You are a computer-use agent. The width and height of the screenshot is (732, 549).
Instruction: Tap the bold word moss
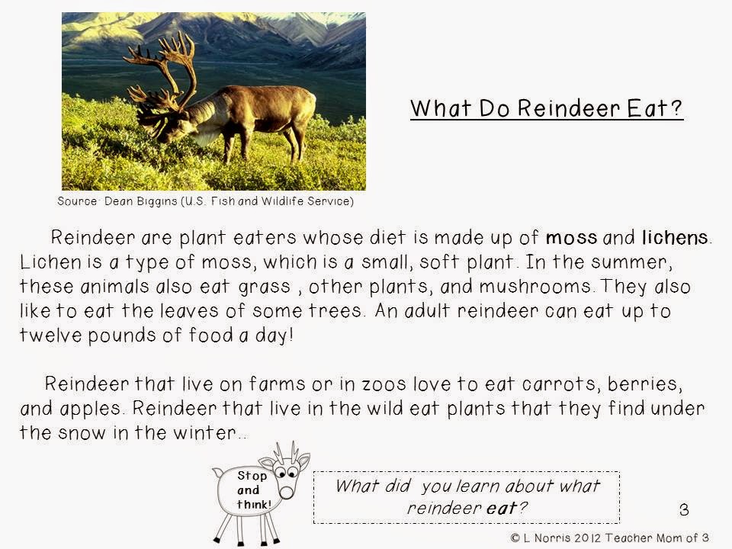pyautogui.click(x=571, y=238)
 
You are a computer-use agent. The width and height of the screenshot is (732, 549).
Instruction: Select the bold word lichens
pyautogui.click(x=675, y=237)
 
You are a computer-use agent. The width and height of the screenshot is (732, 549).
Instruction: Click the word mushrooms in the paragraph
pyautogui.click(x=535, y=286)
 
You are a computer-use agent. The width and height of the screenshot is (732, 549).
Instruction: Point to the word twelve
pyautogui.click(x=50, y=335)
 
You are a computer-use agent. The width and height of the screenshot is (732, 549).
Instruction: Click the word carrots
pyautogui.click(x=558, y=384)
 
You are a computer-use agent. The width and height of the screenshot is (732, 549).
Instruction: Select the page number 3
pyautogui.click(x=684, y=509)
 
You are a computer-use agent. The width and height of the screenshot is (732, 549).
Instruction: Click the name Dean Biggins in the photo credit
pyautogui.click(x=140, y=201)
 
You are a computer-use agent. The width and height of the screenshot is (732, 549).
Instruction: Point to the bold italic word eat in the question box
pyautogui.click(x=502, y=508)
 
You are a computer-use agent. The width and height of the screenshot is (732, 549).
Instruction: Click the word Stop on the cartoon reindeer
pyautogui.click(x=252, y=476)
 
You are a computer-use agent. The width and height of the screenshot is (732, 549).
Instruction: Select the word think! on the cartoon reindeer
pyautogui.click(x=254, y=504)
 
